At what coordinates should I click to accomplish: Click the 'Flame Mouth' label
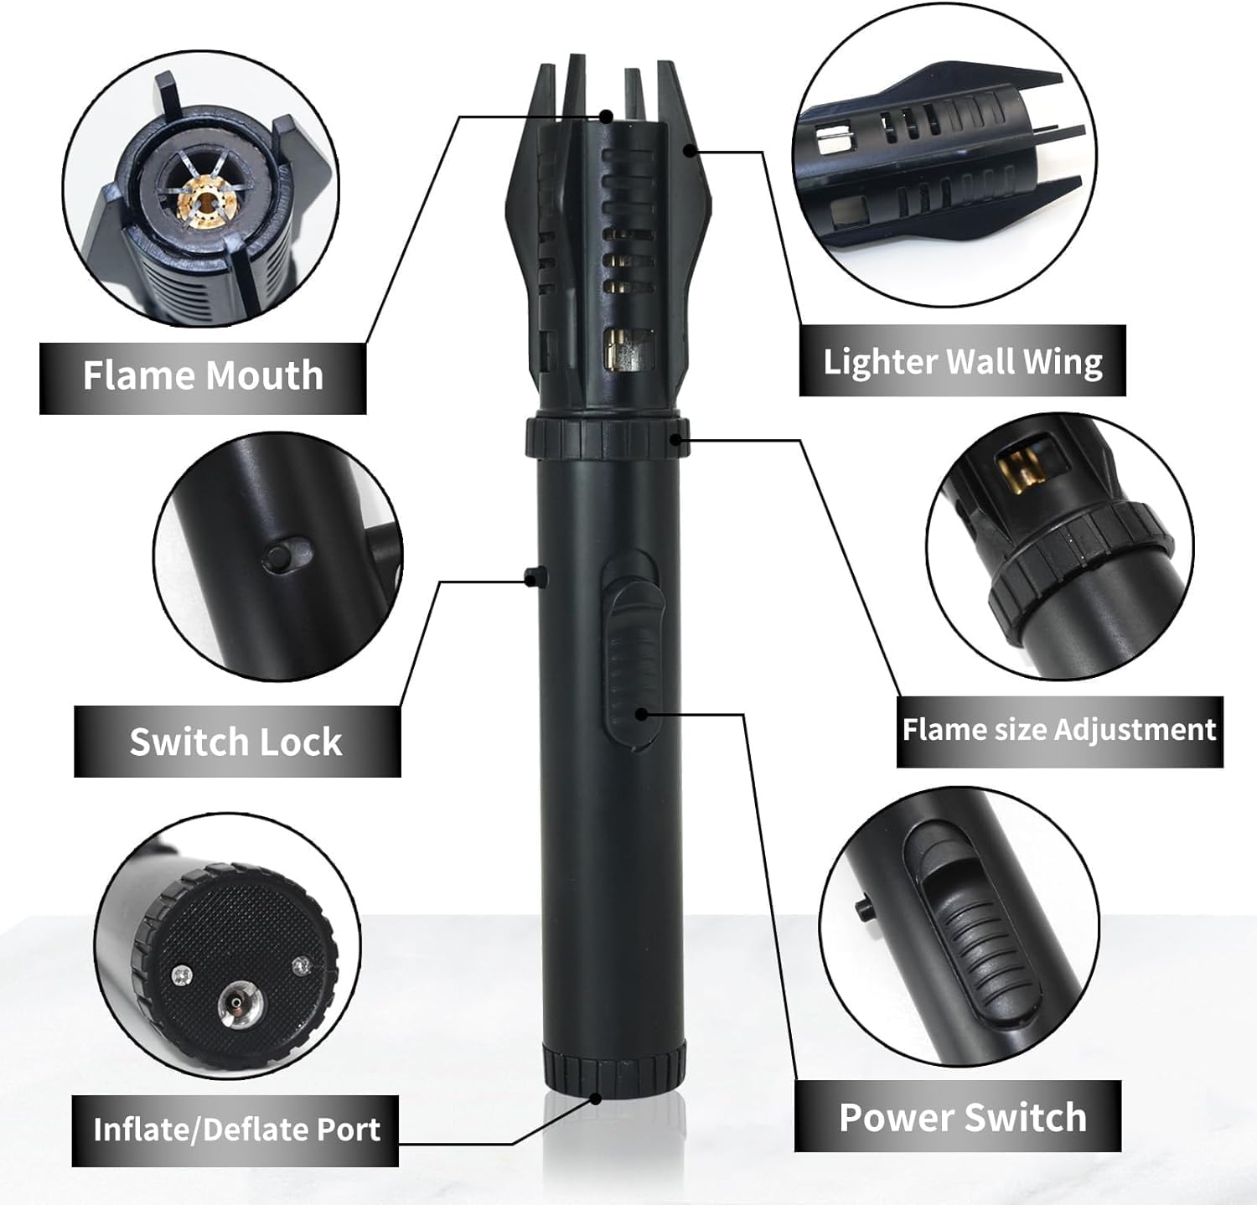tap(203, 375)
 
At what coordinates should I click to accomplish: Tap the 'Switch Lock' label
tap(236, 742)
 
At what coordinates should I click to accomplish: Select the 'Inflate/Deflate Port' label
tap(236, 1130)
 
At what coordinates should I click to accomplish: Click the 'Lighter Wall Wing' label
tap(962, 361)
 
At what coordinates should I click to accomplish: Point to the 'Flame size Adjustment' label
tap(1058, 730)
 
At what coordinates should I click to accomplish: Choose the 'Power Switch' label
tap(962, 1117)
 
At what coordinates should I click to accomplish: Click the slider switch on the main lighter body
tap(633, 662)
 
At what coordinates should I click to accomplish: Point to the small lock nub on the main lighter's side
tap(533, 576)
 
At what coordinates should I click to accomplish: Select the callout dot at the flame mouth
tap(607, 117)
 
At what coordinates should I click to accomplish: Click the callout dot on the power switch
tap(642, 714)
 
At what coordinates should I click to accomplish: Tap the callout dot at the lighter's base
tap(596, 1098)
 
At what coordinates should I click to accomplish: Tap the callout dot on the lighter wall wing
tap(689, 151)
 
